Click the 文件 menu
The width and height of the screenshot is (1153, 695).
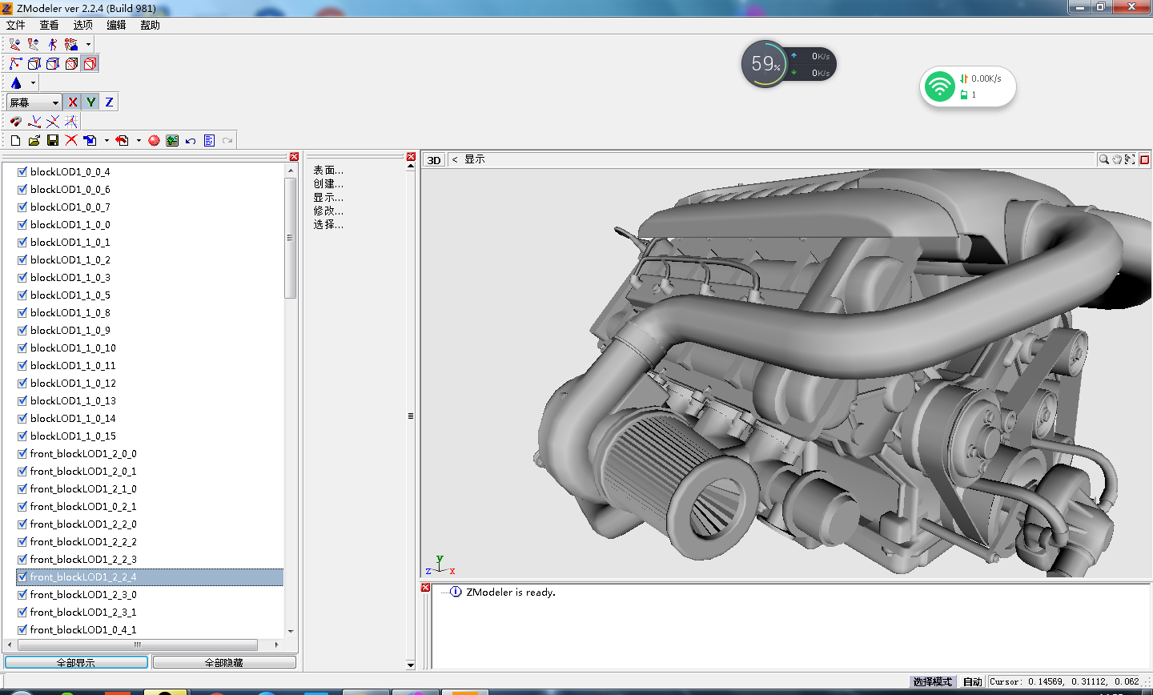(15, 26)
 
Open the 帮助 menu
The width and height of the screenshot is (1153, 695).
(150, 26)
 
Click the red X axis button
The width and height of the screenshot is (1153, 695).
(73, 102)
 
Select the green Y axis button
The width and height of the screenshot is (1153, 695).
(90, 102)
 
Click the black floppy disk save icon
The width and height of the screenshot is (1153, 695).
(53, 141)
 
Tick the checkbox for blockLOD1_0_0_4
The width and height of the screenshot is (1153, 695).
(22, 172)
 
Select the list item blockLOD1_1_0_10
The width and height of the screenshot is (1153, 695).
(73, 348)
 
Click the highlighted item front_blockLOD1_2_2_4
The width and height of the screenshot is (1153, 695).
(83, 577)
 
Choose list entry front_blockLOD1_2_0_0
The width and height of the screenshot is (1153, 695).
(83, 453)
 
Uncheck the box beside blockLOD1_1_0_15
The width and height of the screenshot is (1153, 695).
(22, 436)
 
